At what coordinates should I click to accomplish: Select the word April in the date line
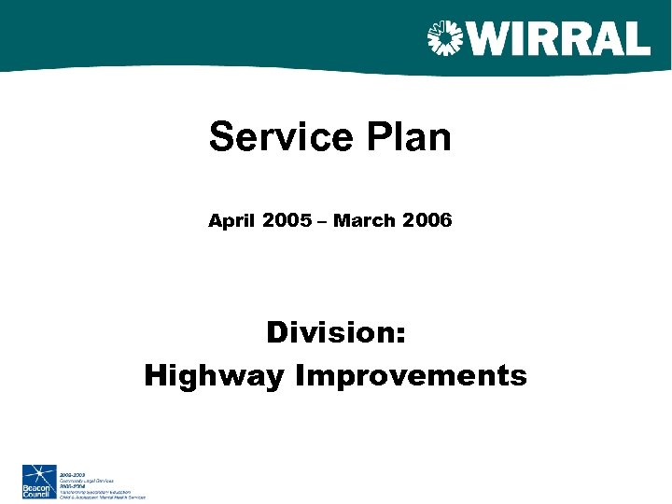[231, 221]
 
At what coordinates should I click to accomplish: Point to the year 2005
[287, 221]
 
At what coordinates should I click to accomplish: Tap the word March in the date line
[363, 221]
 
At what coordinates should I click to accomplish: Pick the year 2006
[427, 221]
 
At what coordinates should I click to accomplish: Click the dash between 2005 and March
[323, 222]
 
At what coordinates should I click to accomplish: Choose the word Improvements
[412, 376]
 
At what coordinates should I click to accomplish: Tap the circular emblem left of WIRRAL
[444, 38]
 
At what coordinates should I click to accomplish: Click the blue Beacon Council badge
[38, 481]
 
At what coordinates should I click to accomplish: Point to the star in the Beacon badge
[38, 474]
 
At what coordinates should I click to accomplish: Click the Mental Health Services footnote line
[103, 497]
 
